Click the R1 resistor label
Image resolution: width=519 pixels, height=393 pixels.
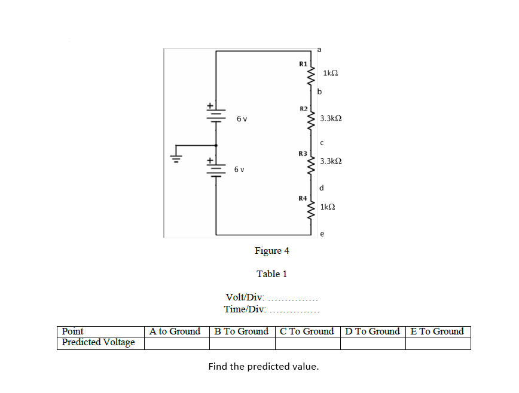point(303,63)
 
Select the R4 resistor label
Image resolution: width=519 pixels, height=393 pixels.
point(303,197)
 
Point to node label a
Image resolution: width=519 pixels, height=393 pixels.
point(319,47)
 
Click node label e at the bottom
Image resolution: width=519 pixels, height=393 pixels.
point(322,234)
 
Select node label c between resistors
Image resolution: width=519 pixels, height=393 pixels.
point(322,142)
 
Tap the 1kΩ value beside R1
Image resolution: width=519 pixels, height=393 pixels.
point(330,73)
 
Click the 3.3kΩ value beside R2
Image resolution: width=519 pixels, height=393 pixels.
point(331,118)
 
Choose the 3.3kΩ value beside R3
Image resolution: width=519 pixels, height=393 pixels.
point(331,161)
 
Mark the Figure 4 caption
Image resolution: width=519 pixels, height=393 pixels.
point(271,251)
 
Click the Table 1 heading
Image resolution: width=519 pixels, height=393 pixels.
point(271,274)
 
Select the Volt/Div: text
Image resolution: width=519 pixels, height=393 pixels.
point(245,297)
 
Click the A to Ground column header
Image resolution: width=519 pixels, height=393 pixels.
point(175,331)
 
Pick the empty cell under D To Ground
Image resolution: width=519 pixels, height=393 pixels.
point(372,343)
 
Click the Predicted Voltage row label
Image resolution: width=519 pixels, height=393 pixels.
point(99,343)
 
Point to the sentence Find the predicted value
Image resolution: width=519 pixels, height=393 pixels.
point(263,367)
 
